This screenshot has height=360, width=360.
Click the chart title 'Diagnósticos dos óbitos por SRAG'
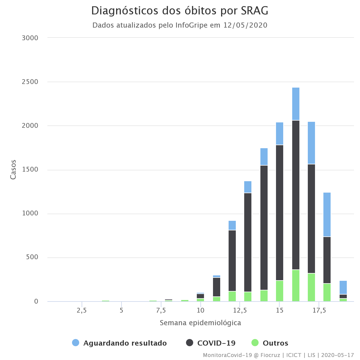(180, 11)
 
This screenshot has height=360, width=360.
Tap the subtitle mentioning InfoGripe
(180, 25)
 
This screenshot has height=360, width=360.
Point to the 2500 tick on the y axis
(30, 82)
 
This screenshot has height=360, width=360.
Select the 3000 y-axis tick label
(30, 38)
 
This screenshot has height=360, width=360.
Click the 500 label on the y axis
(32, 257)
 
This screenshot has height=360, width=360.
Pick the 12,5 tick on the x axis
(240, 310)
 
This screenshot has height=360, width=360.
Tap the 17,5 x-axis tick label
(319, 310)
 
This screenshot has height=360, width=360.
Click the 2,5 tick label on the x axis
(82, 310)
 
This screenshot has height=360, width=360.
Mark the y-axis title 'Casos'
(13, 170)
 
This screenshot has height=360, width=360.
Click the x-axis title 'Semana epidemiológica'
(200, 323)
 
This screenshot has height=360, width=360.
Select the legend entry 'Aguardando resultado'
(125, 343)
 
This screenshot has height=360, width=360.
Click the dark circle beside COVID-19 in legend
(190, 343)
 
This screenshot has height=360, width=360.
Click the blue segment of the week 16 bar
(296, 104)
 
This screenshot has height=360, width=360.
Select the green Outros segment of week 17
(311, 287)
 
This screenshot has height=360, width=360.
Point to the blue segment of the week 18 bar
(327, 214)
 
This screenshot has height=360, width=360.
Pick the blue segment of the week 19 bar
(343, 287)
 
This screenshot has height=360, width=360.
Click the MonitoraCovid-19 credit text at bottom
(278, 355)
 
